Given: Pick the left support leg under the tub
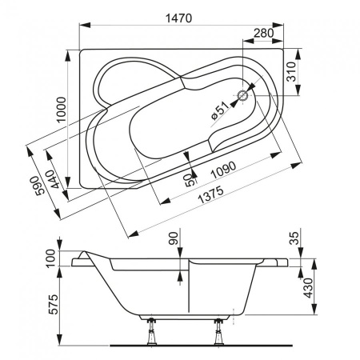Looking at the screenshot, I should click(150, 335).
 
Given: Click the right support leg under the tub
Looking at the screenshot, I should click(218, 335).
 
